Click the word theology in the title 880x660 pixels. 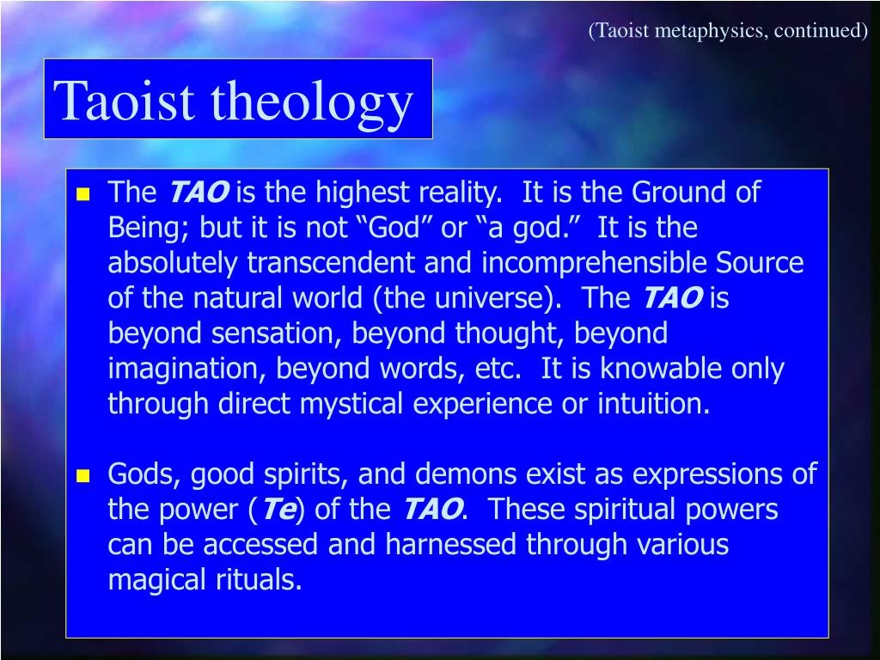click(313, 101)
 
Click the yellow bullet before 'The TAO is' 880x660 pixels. click(83, 194)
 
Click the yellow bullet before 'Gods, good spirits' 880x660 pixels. click(83, 475)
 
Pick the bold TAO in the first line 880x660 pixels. click(198, 192)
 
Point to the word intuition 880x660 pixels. click(653, 404)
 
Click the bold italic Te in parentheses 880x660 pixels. click(278, 510)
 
